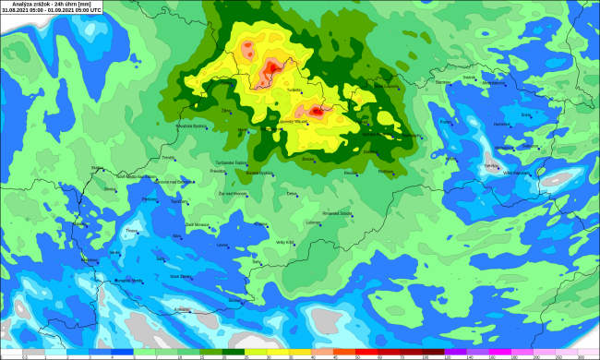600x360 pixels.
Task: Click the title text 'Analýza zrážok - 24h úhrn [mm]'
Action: (x=31, y=4)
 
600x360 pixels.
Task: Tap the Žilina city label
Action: (x=225, y=110)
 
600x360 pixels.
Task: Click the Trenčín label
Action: (x=167, y=158)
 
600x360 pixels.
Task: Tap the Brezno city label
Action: (x=308, y=159)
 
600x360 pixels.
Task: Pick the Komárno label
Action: (x=181, y=309)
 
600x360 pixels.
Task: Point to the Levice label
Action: (x=221, y=245)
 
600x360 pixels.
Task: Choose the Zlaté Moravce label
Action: (x=198, y=223)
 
